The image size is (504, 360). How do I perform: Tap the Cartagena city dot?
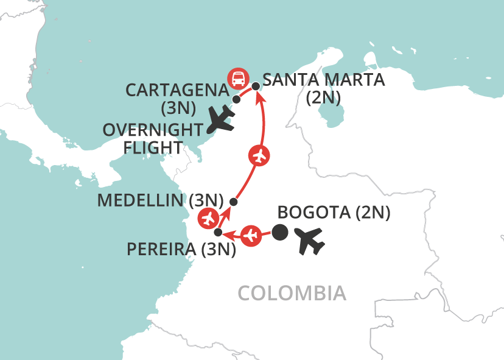point(236,99)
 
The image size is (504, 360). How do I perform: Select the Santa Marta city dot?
point(256,86)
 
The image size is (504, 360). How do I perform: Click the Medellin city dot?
point(233,202)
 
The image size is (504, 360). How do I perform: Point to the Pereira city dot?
point(218,232)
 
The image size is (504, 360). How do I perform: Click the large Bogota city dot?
point(279,232)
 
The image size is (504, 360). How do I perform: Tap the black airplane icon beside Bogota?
point(310,240)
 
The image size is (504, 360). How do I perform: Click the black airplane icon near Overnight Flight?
point(221,119)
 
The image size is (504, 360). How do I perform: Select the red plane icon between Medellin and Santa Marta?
point(259,156)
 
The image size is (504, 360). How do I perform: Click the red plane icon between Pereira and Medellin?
point(209,217)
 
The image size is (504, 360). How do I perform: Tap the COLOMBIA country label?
point(292,293)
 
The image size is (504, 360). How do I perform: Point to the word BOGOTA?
point(310,213)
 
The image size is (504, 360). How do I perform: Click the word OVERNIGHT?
point(152,130)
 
